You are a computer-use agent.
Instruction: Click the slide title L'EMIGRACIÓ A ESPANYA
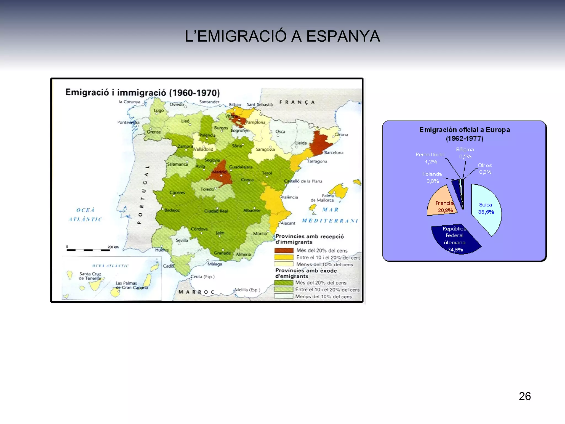(282, 36)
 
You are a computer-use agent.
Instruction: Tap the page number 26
(524, 396)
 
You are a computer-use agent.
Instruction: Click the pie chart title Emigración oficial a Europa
(464, 134)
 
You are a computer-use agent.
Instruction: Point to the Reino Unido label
(430, 155)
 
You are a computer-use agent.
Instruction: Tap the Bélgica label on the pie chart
(465, 149)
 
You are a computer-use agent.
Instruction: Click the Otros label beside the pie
(485, 165)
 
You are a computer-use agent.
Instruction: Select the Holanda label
(432, 174)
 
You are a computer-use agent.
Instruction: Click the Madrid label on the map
(219, 172)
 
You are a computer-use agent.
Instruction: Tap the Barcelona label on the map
(334, 152)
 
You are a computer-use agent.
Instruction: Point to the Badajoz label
(172, 210)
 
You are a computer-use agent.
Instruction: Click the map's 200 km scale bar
(88, 250)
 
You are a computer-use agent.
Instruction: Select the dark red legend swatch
(284, 250)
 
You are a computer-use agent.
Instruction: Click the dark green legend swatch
(283, 283)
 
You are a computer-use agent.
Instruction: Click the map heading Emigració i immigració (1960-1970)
(142, 92)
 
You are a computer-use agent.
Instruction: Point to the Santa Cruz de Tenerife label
(90, 276)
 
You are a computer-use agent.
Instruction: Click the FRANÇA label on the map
(297, 102)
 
